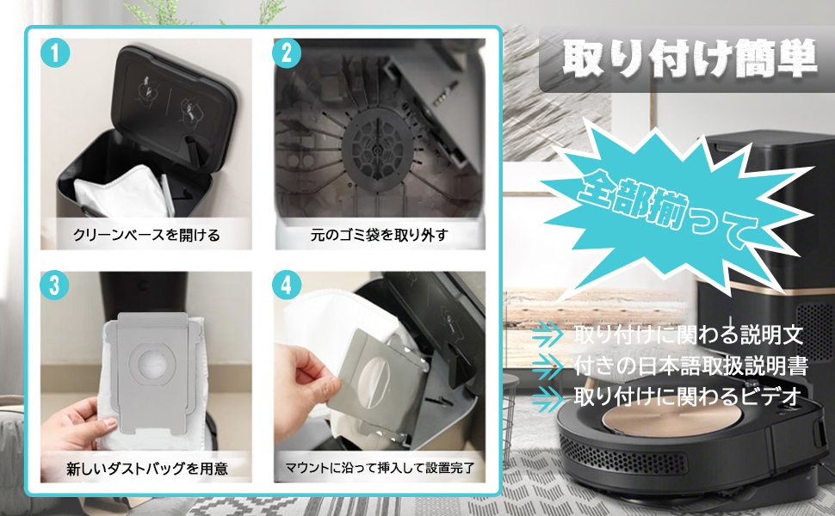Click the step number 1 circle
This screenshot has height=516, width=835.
coord(55,52)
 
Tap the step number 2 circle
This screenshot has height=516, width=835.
coord(287,53)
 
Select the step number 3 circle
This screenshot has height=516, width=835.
coord(55,286)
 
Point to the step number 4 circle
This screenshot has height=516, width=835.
coord(287,286)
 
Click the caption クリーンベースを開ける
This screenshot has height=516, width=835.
coord(146,235)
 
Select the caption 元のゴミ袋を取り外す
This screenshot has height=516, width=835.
coord(380,235)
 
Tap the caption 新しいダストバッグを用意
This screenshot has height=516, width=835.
coord(147,468)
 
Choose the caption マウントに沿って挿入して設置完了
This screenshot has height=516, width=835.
coord(380,468)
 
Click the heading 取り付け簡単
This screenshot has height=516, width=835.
coord(689,58)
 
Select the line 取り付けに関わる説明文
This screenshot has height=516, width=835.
coord(689,335)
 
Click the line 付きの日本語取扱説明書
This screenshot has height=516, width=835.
coord(691,365)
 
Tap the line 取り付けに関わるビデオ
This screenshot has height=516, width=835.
coord(688,396)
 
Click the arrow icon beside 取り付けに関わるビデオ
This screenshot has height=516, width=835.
coord(547,398)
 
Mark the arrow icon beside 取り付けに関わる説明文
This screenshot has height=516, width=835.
coord(547,334)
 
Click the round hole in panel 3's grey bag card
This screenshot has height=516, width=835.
coord(156,364)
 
